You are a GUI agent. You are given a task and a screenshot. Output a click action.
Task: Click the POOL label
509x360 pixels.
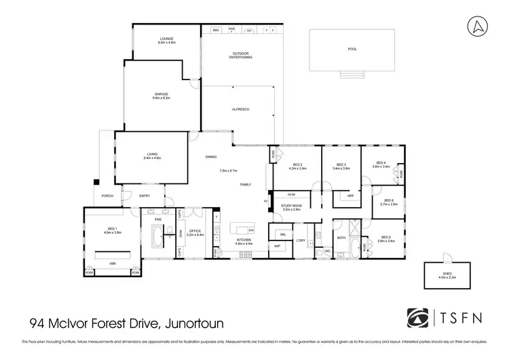(x=352, y=49)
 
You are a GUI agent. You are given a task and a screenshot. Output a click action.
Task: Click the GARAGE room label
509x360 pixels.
(x=160, y=96)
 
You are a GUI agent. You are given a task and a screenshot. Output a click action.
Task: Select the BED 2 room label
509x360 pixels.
(x=297, y=166)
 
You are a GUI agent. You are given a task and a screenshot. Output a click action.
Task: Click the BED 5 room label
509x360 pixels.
(x=385, y=239)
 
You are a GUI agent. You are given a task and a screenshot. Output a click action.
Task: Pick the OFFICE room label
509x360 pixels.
(x=195, y=232)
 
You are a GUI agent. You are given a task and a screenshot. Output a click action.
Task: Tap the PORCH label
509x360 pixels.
(x=107, y=196)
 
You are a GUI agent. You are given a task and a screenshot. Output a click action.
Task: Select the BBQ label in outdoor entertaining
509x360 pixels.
(x=216, y=31)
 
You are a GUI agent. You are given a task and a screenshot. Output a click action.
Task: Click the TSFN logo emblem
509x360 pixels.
(x=415, y=317)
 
